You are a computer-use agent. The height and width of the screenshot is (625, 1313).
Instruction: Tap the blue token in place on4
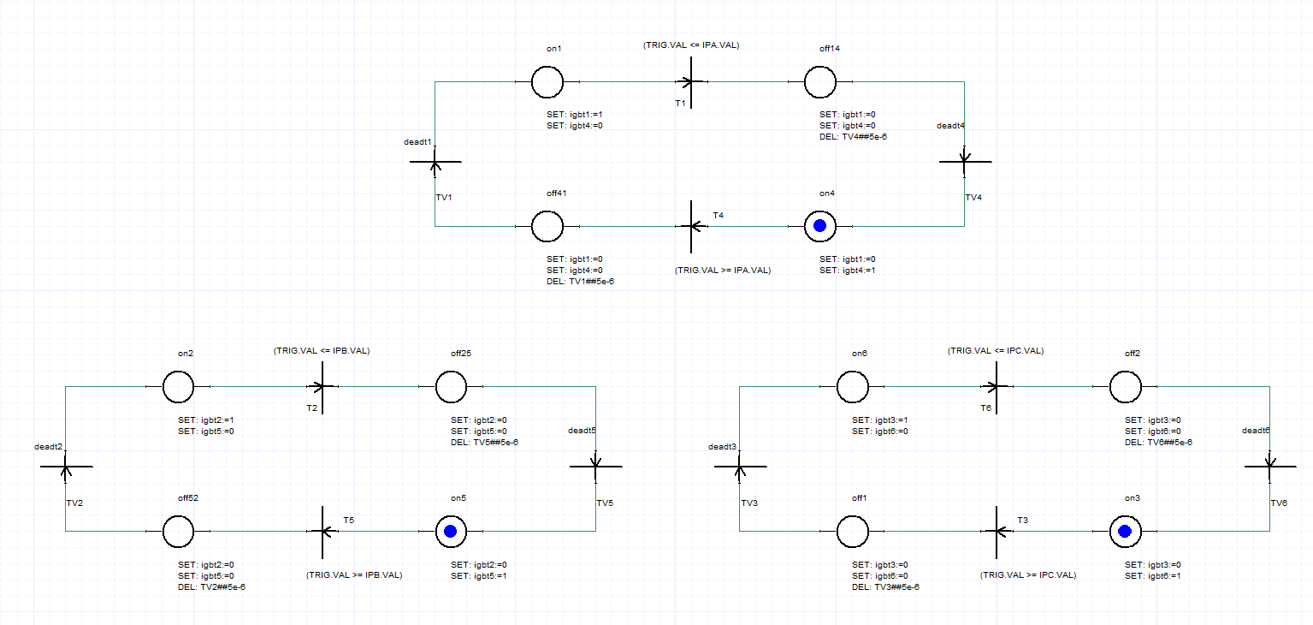pyautogui.click(x=820, y=226)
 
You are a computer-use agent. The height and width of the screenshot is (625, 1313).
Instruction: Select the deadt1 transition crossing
pyautogui.click(x=435, y=161)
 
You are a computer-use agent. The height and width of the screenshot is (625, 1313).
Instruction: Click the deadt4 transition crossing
pyautogui.click(x=965, y=161)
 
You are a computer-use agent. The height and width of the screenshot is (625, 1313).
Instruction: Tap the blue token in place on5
pyautogui.click(x=451, y=531)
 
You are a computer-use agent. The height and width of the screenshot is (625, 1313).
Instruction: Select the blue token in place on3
pyautogui.click(x=1125, y=531)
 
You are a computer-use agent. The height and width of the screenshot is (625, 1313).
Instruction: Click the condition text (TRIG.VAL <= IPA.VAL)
pyautogui.click(x=691, y=45)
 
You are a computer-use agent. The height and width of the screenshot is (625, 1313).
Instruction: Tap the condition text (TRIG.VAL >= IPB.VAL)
pyautogui.click(x=354, y=575)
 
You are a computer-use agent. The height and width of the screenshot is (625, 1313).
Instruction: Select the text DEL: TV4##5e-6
pyautogui.click(x=853, y=137)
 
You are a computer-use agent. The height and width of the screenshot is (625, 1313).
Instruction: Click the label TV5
pyautogui.click(x=605, y=503)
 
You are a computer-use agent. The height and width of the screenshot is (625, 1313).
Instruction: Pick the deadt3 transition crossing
pyautogui.click(x=740, y=467)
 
